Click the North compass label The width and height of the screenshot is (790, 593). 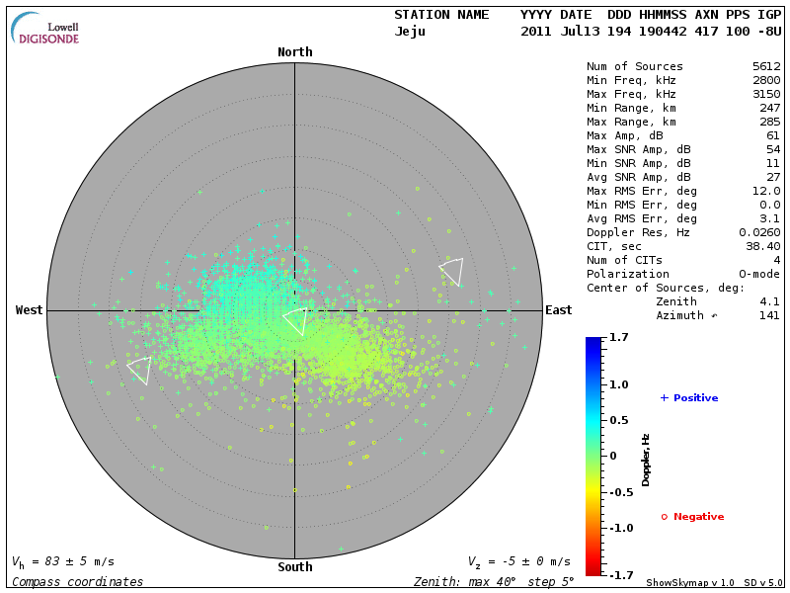[294, 52]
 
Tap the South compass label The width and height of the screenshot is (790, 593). [294, 567]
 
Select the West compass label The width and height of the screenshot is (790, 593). [29, 310]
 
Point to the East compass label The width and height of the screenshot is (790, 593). [558, 310]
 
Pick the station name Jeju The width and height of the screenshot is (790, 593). [410, 32]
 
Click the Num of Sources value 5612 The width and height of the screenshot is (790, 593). [765, 67]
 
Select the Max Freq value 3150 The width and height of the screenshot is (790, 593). [765, 95]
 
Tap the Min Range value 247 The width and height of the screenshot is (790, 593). [769, 109]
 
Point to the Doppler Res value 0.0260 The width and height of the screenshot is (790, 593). [758, 232]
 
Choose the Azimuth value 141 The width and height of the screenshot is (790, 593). [769, 316]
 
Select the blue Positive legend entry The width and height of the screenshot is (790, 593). [688, 398]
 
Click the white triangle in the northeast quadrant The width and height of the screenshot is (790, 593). [452, 271]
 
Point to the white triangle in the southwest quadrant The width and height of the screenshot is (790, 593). [140, 369]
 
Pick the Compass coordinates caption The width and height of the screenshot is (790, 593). [77, 582]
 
